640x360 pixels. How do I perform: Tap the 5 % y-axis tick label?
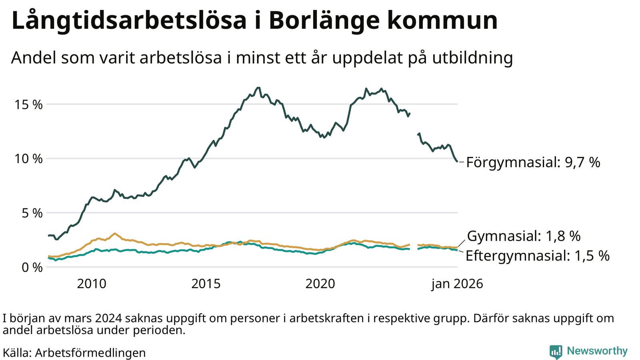click(x=32, y=213)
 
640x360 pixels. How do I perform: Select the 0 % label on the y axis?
click(x=32, y=267)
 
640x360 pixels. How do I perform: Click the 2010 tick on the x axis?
click(x=92, y=284)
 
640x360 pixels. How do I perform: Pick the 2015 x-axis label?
click(x=206, y=284)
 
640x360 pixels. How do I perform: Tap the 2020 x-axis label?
click(x=320, y=284)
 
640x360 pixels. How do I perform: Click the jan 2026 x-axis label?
click(x=457, y=284)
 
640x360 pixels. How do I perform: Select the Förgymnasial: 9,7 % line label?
click(x=533, y=162)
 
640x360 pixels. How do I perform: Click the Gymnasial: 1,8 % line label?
click(x=524, y=236)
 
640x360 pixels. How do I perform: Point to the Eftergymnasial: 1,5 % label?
click(x=537, y=256)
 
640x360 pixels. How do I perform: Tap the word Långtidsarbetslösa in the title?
click(x=129, y=21)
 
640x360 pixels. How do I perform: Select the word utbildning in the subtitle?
click(x=472, y=58)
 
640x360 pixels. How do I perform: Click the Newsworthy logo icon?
click(x=556, y=352)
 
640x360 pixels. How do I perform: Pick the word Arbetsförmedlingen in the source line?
click(x=90, y=353)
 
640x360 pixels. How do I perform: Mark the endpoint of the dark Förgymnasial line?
click(x=457, y=162)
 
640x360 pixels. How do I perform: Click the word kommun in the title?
click(x=442, y=21)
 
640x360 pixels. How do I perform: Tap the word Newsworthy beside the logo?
click(x=597, y=351)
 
